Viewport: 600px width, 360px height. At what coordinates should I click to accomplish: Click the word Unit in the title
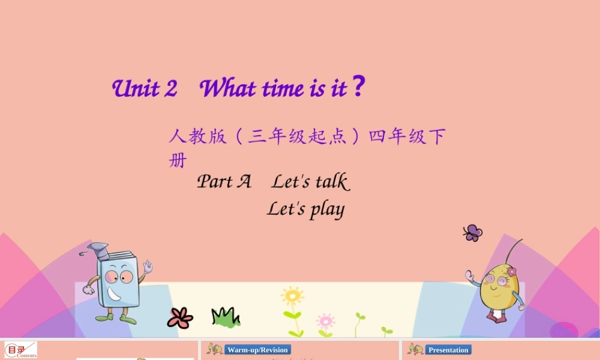pyautogui.click(x=136, y=89)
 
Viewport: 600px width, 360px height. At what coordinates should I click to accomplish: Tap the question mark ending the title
pyautogui.click(x=358, y=88)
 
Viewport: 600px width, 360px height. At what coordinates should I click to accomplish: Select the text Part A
pyautogui.click(x=224, y=181)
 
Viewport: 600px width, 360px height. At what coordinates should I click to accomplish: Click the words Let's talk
pyautogui.click(x=310, y=181)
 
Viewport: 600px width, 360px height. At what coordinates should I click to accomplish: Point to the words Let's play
pyautogui.click(x=305, y=209)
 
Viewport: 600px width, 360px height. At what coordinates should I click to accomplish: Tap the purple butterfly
pyautogui.click(x=473, y=233)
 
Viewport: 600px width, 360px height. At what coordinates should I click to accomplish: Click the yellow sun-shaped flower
pyautogui.click(x=292, y=296)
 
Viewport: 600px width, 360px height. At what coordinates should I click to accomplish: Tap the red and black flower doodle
pyautogui.click(x=180, y=318)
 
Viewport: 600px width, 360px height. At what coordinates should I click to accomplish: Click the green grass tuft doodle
pyautogui.click(x=225, y=317)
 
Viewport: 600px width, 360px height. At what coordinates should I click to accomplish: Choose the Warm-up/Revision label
pyautogui.click(x=257, y=350)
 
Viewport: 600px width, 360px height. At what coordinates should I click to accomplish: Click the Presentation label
pyautogui.click(x=448, y=350)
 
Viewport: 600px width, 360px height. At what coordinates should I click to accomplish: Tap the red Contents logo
pyautogui.click(x=21, y=350)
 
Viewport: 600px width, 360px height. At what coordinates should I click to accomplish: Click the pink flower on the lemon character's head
pyautogui.click(x=511, y=272)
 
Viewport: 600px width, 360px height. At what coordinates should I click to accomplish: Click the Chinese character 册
pyautogui.click(x=178, y=161)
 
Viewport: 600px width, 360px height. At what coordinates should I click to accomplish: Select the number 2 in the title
pyautogui.click(x=170, y=89)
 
